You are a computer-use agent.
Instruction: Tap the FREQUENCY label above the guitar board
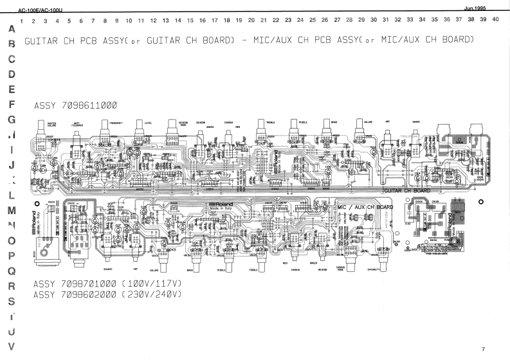point(116,122)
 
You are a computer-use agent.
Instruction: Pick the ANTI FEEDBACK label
point(77,124)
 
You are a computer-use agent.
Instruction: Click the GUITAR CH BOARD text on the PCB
point(406,191)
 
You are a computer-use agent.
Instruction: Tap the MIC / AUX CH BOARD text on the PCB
point(365,207)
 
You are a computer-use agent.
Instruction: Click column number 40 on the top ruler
point(495,20)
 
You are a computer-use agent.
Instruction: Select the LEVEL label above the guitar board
point(149,122)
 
